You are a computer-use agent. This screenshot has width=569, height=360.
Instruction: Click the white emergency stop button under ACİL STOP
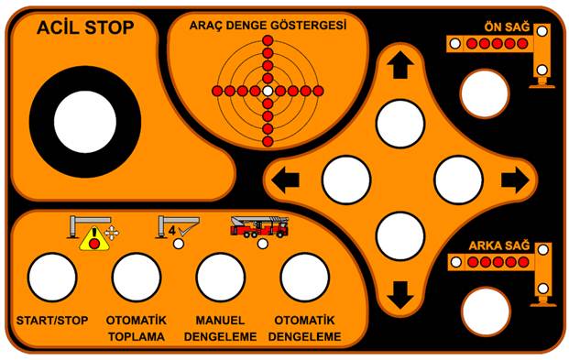click(x=85, y=122)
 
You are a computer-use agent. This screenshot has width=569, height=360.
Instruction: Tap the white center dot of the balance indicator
click(x=268, y=91)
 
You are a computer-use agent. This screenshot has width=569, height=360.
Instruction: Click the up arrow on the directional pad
click(x=400, y=65)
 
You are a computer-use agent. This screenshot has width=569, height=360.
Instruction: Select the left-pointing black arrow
click(x=285, y=180)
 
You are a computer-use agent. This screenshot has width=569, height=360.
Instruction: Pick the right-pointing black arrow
click(x=515, y=180)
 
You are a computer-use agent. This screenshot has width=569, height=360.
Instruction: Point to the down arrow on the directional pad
click(x=400, y=295)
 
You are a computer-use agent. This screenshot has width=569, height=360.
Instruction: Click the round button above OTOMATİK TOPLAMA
click(x=137, y=278)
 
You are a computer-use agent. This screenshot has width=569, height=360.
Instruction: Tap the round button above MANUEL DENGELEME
click(x=221, y=278)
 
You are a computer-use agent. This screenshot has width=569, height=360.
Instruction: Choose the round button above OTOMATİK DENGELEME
click(x=305, y=278)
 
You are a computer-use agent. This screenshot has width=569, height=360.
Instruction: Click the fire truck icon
click(x=260, y=227)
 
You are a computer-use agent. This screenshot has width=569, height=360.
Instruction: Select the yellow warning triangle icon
click(x=94, y=239)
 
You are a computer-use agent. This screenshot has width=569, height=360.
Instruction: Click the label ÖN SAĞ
click(x=507, y=27)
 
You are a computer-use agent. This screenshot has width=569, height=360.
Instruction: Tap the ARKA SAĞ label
click(x=499, y=245)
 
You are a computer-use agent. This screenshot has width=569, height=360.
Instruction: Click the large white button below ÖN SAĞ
click(x=485, y=93)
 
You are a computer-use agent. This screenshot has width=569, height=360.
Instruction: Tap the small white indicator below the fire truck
click(x=263, y=244)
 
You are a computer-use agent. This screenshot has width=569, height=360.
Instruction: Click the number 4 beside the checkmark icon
click(x=172, y=231)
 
